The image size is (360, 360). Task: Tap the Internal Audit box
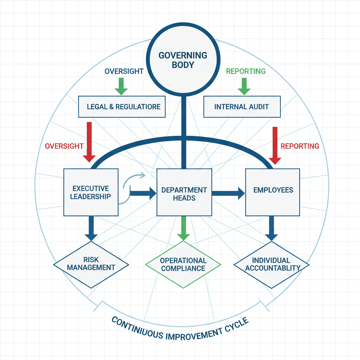[x=242, y=106]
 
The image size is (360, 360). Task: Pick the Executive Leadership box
[x=91, y=192]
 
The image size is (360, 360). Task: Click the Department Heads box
[x=184, y=192]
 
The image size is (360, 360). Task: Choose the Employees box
[x=273, y=192]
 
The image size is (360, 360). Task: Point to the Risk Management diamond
[x=91, y=264]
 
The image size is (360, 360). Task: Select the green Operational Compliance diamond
[x=183, y=264]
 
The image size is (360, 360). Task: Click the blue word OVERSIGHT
[x=124, y=71]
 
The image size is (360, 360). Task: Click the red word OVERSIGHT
[x=64, y=146]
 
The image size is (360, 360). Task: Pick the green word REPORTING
[x=246, y=71]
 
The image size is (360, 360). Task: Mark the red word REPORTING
[x=300, y=146]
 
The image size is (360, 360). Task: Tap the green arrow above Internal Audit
[x=243, y=86]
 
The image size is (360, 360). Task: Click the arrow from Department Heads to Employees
[x=229, y=192]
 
